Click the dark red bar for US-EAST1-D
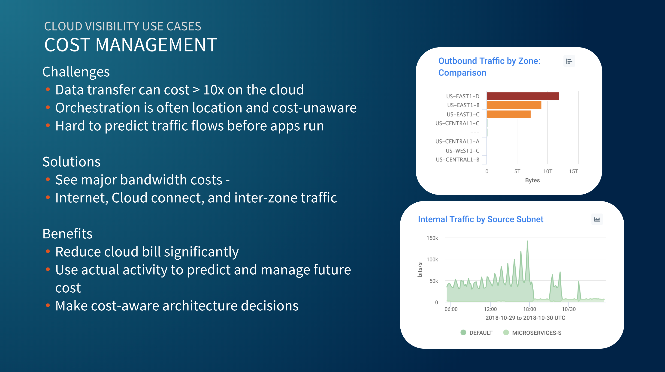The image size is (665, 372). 523,96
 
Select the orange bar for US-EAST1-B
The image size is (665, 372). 514,105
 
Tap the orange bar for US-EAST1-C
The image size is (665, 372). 508,114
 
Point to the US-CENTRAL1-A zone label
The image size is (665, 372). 457,141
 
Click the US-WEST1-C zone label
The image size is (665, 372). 462,151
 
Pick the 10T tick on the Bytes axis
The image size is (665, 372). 547,171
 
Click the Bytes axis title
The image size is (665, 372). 532,180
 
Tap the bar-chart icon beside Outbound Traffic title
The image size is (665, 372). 569,61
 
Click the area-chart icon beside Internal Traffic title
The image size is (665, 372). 597,219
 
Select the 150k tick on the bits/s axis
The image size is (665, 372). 432,238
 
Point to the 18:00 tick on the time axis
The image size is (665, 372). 529,309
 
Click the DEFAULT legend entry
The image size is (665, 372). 477,333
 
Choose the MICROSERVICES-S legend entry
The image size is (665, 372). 532,333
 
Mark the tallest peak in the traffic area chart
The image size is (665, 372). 527,241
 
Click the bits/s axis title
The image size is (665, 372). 420,270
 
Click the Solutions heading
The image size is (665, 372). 71,162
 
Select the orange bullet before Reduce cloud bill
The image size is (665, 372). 48,251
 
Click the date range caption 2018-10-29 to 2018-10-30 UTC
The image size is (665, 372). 525,318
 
